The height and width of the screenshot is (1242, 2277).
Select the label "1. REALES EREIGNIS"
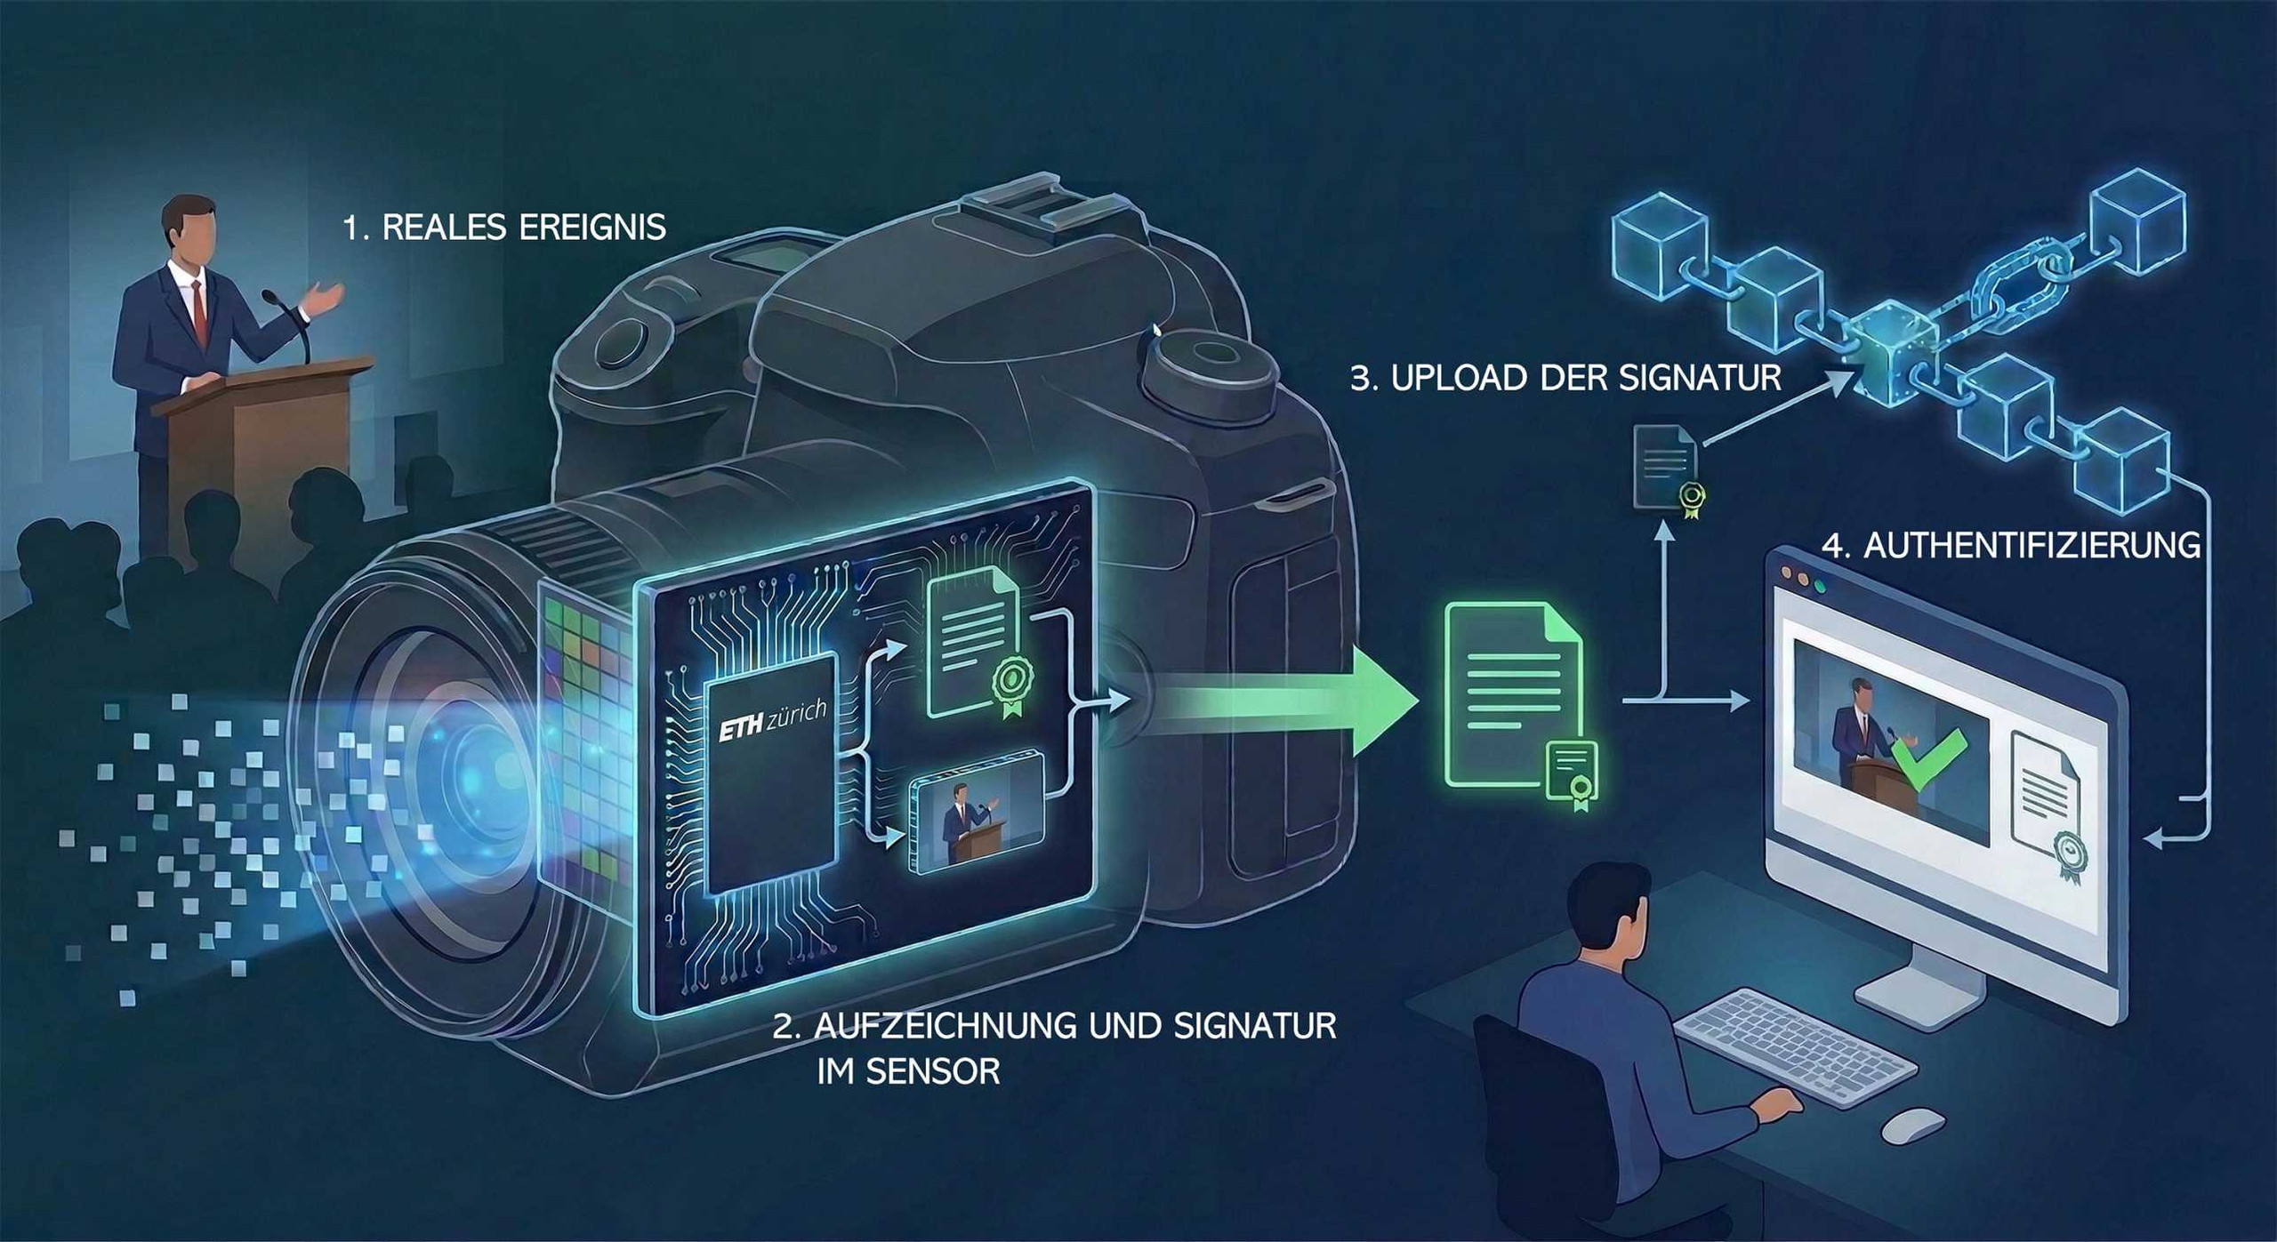(504, 228)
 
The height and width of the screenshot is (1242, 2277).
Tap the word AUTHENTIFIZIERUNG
(2032, 545)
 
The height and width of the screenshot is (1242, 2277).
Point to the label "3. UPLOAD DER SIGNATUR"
(1565, 378)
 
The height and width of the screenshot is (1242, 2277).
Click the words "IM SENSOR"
(908, 1071)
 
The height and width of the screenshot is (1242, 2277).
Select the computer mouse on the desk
(1912, 1125)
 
